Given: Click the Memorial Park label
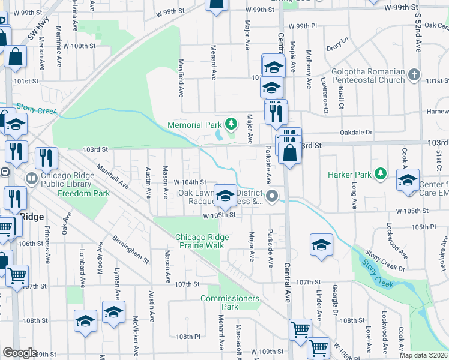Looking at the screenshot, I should (x=195, y=125).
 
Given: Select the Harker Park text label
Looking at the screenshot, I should (x=350, y=175).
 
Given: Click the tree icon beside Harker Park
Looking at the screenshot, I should (x=379, y=175).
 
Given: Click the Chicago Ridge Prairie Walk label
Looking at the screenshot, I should (x=199, y=241).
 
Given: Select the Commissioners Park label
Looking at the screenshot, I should (x=230, y=302).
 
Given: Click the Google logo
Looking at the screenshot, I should (x=20, y=353).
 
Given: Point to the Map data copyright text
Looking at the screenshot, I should (x=424, y=355).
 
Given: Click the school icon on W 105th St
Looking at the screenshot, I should (x=225, y=196).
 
